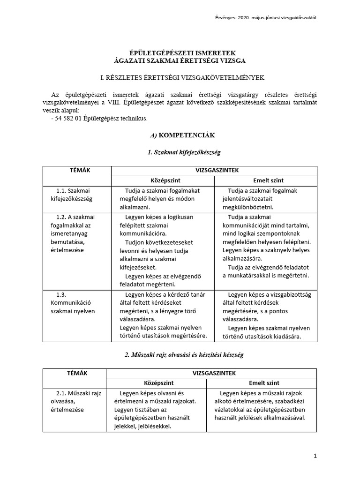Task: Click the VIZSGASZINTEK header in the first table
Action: [214, 171]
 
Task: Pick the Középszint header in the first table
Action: [162, 180]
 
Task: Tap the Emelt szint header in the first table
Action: [266, 180]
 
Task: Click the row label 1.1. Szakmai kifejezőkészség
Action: [74, 195]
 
